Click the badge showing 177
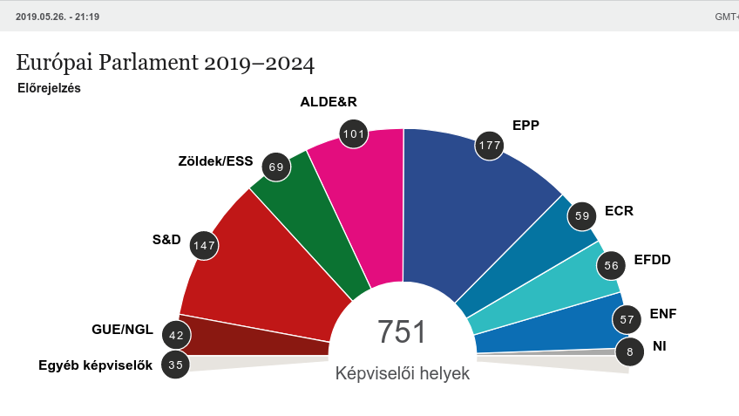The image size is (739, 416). [x=490, y=145]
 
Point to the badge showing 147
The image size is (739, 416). [x=204, y=245]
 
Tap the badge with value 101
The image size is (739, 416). [x=353, y=133]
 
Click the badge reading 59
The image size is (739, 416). [x=582, y=215]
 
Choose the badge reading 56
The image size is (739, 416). [x=611, y=266]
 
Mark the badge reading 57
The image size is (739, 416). [x=627, y=319]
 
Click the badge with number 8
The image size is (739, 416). [x=629, y=351]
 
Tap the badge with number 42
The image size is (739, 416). [x=176, y=335]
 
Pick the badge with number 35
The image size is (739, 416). [x=176, y=365]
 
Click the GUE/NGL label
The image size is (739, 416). [x=122, y=330]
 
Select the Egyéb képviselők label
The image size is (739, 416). [x=95, y=365]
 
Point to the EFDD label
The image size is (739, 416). [x=653, y=259]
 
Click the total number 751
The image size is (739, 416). [x=402, y=332]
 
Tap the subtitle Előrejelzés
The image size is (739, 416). [x=49, y=88]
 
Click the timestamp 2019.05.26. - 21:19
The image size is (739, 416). [x=58, y=17]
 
